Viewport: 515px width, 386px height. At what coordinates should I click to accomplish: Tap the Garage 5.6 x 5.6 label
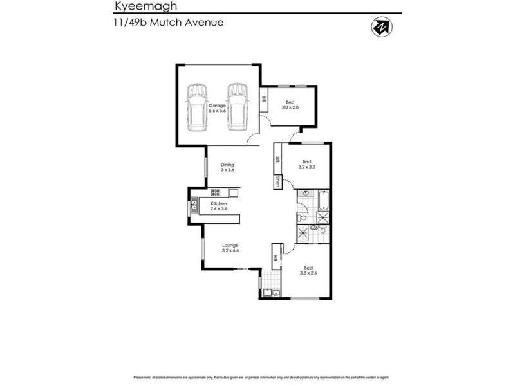point(217,108)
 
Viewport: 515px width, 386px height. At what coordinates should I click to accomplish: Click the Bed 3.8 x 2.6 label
point(309,270)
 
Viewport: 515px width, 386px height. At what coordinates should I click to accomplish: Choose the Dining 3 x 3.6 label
point(228,167)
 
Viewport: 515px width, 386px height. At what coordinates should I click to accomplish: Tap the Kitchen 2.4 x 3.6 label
point(219,207)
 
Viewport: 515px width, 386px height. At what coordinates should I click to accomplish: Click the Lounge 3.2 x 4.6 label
point(230,248)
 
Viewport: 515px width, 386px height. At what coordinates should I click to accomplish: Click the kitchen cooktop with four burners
point(216,192)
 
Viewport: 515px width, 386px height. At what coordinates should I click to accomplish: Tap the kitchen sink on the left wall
point(194,207)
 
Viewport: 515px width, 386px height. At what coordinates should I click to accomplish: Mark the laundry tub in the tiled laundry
point(268,295)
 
